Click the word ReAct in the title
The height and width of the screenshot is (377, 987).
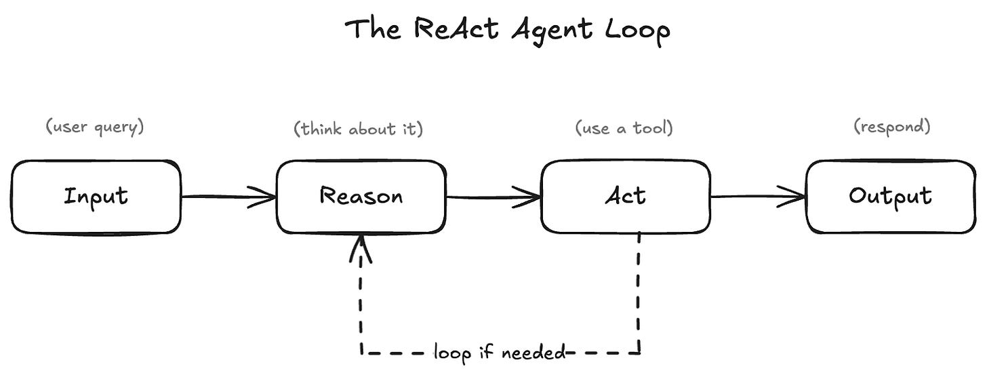pyautogui.click(x=456, y=29)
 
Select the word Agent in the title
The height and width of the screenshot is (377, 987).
pyautogui.click(x=552, y=31)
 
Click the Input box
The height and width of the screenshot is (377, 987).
pyautogui.click(x=96, y=197)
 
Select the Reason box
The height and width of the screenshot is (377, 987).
pyautogui.click(x=361, y=197)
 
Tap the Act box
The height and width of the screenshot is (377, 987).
pyautogui.click(x=626, y=197)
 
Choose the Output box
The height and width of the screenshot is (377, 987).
pyautogui.click(x=891, y=197)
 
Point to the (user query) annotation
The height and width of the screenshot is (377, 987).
pyautogui.click(x=95, y=127)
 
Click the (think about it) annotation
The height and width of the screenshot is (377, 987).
pyautogui.click(x=358, y=129)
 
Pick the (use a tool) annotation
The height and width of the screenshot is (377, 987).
pyautogui.click(x=624, y=128)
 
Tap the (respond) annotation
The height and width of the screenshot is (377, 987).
pyautogui.click(x=892, y=127)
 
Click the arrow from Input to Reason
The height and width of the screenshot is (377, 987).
pyautogui.click(x=228, y=197)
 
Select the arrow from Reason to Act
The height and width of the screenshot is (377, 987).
pyautogui.click(x=494, y=197)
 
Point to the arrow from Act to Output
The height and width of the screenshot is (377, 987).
pyautogui.click(x=759, y=197)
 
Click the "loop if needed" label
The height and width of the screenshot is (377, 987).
pyautogui.click(x=500, y=353)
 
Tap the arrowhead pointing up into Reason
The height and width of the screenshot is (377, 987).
pyautogui.click(x=361, y=249)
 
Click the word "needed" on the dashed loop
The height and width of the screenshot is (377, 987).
pyautogui.click(x=533, y=352)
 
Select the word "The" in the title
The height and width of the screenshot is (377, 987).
pyautogui.click(x=373, y=29)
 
